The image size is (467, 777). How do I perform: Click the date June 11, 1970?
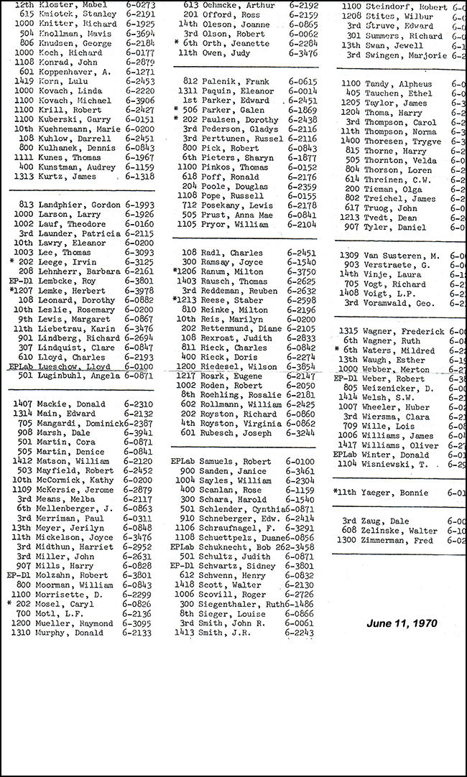click(x=402, y=623)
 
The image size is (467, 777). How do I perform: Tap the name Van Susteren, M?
click(x=405, y=255)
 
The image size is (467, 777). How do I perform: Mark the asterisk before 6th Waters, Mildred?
click(x=336, y=350)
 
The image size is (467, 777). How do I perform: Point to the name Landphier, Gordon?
click(x=79, y=205)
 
